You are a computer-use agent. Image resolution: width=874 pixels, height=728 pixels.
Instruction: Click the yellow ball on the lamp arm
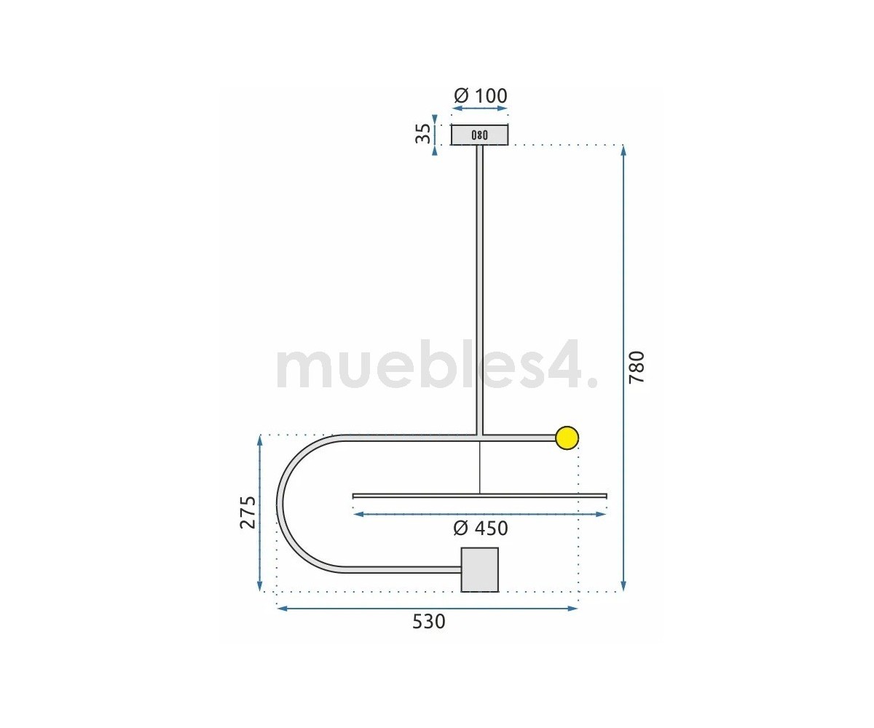click(567, 438)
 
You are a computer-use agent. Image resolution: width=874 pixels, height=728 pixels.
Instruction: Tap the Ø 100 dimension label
click(481, 96)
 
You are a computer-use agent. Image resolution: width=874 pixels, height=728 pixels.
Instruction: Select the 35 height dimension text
click(423, 134)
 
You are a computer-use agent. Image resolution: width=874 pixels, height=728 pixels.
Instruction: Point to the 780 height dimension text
click(637, 368)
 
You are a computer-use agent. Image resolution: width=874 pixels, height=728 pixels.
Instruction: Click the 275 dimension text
click(248, 512)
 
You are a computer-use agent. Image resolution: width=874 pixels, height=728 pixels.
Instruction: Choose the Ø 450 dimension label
click(481, 529)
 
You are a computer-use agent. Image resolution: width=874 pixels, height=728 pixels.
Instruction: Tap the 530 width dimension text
click(429, 622)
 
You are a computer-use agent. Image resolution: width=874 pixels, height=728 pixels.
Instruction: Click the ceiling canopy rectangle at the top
click(480, 135)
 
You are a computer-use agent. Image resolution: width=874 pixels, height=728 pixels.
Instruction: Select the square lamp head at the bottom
click(480, 570)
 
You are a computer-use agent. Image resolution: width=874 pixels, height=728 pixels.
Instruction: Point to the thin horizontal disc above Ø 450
click(480, 496)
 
